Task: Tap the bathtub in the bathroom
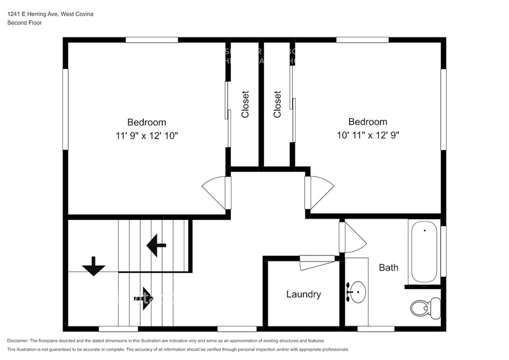(424, 252)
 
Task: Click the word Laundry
(303, 294)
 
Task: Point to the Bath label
(388, 268)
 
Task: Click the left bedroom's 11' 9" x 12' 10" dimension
(146, 135)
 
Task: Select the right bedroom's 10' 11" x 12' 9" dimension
(368, 135)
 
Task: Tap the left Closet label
(245, 104)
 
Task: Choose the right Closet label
(277, 104)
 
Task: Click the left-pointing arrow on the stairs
(156, 246)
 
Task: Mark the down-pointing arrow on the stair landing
(94, 266)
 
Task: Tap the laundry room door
(317, 261)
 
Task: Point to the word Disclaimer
(17, 340)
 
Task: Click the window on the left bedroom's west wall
(65, 109)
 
